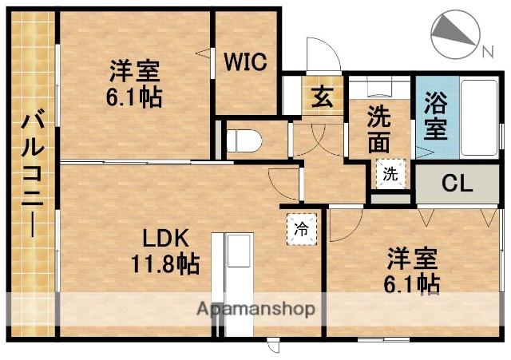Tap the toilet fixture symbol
tap(244, 140)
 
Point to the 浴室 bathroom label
tap(435, 115)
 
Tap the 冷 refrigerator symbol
tap(302, 227)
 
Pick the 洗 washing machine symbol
tap(389, 173)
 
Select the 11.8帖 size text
tap(166, 262)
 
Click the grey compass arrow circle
tap(454, 35)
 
